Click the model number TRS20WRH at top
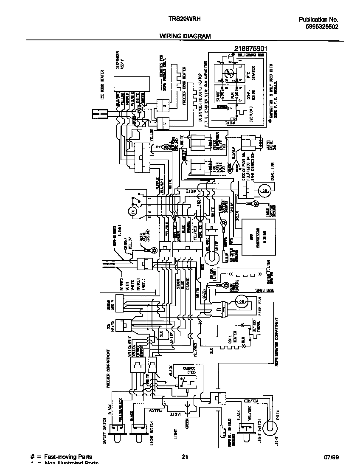click(182, 19)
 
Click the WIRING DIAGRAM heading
click(185, 37)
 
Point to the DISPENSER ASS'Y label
click(120, 64)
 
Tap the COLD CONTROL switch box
click(185, 377)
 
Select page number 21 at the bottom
click(185, 457)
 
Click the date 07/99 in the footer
click(330, 457)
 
